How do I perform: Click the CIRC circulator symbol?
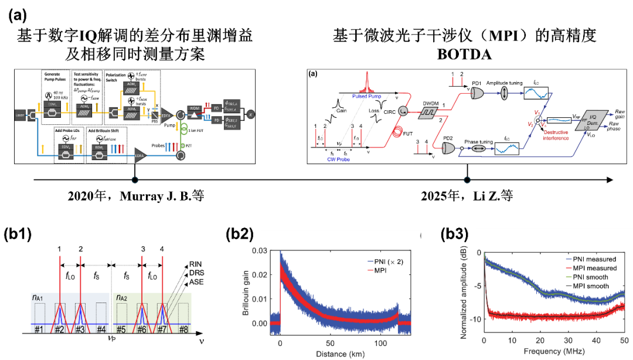tap(403, 110)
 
